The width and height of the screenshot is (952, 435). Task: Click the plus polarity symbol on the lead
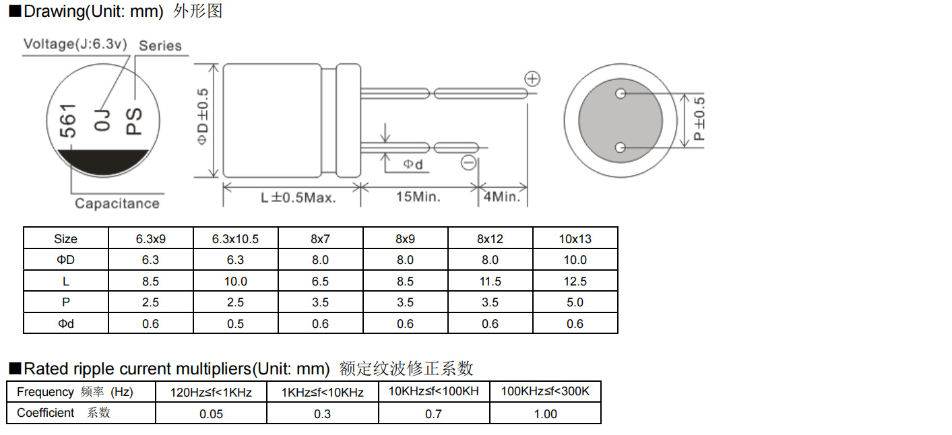pos(532,79)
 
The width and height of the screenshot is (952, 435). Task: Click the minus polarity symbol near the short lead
pos(469,163)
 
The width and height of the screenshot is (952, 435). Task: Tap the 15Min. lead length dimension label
pos(418,197)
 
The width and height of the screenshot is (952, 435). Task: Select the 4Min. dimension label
pos(502,197)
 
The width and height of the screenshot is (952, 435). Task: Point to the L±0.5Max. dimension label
pos(298,197)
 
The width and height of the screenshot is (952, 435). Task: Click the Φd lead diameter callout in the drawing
pos(413,164)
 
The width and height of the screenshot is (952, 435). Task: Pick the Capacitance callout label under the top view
pos(117,203)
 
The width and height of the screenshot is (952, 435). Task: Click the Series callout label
pos(160,46)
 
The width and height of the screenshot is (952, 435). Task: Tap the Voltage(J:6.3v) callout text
pos(75,44)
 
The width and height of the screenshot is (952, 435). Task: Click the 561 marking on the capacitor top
pos(67,121)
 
